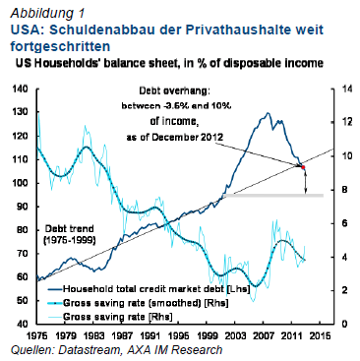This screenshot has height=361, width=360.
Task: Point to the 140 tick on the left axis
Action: (x=20, y=88)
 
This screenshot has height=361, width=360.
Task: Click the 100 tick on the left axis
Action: (x=20, y=182)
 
